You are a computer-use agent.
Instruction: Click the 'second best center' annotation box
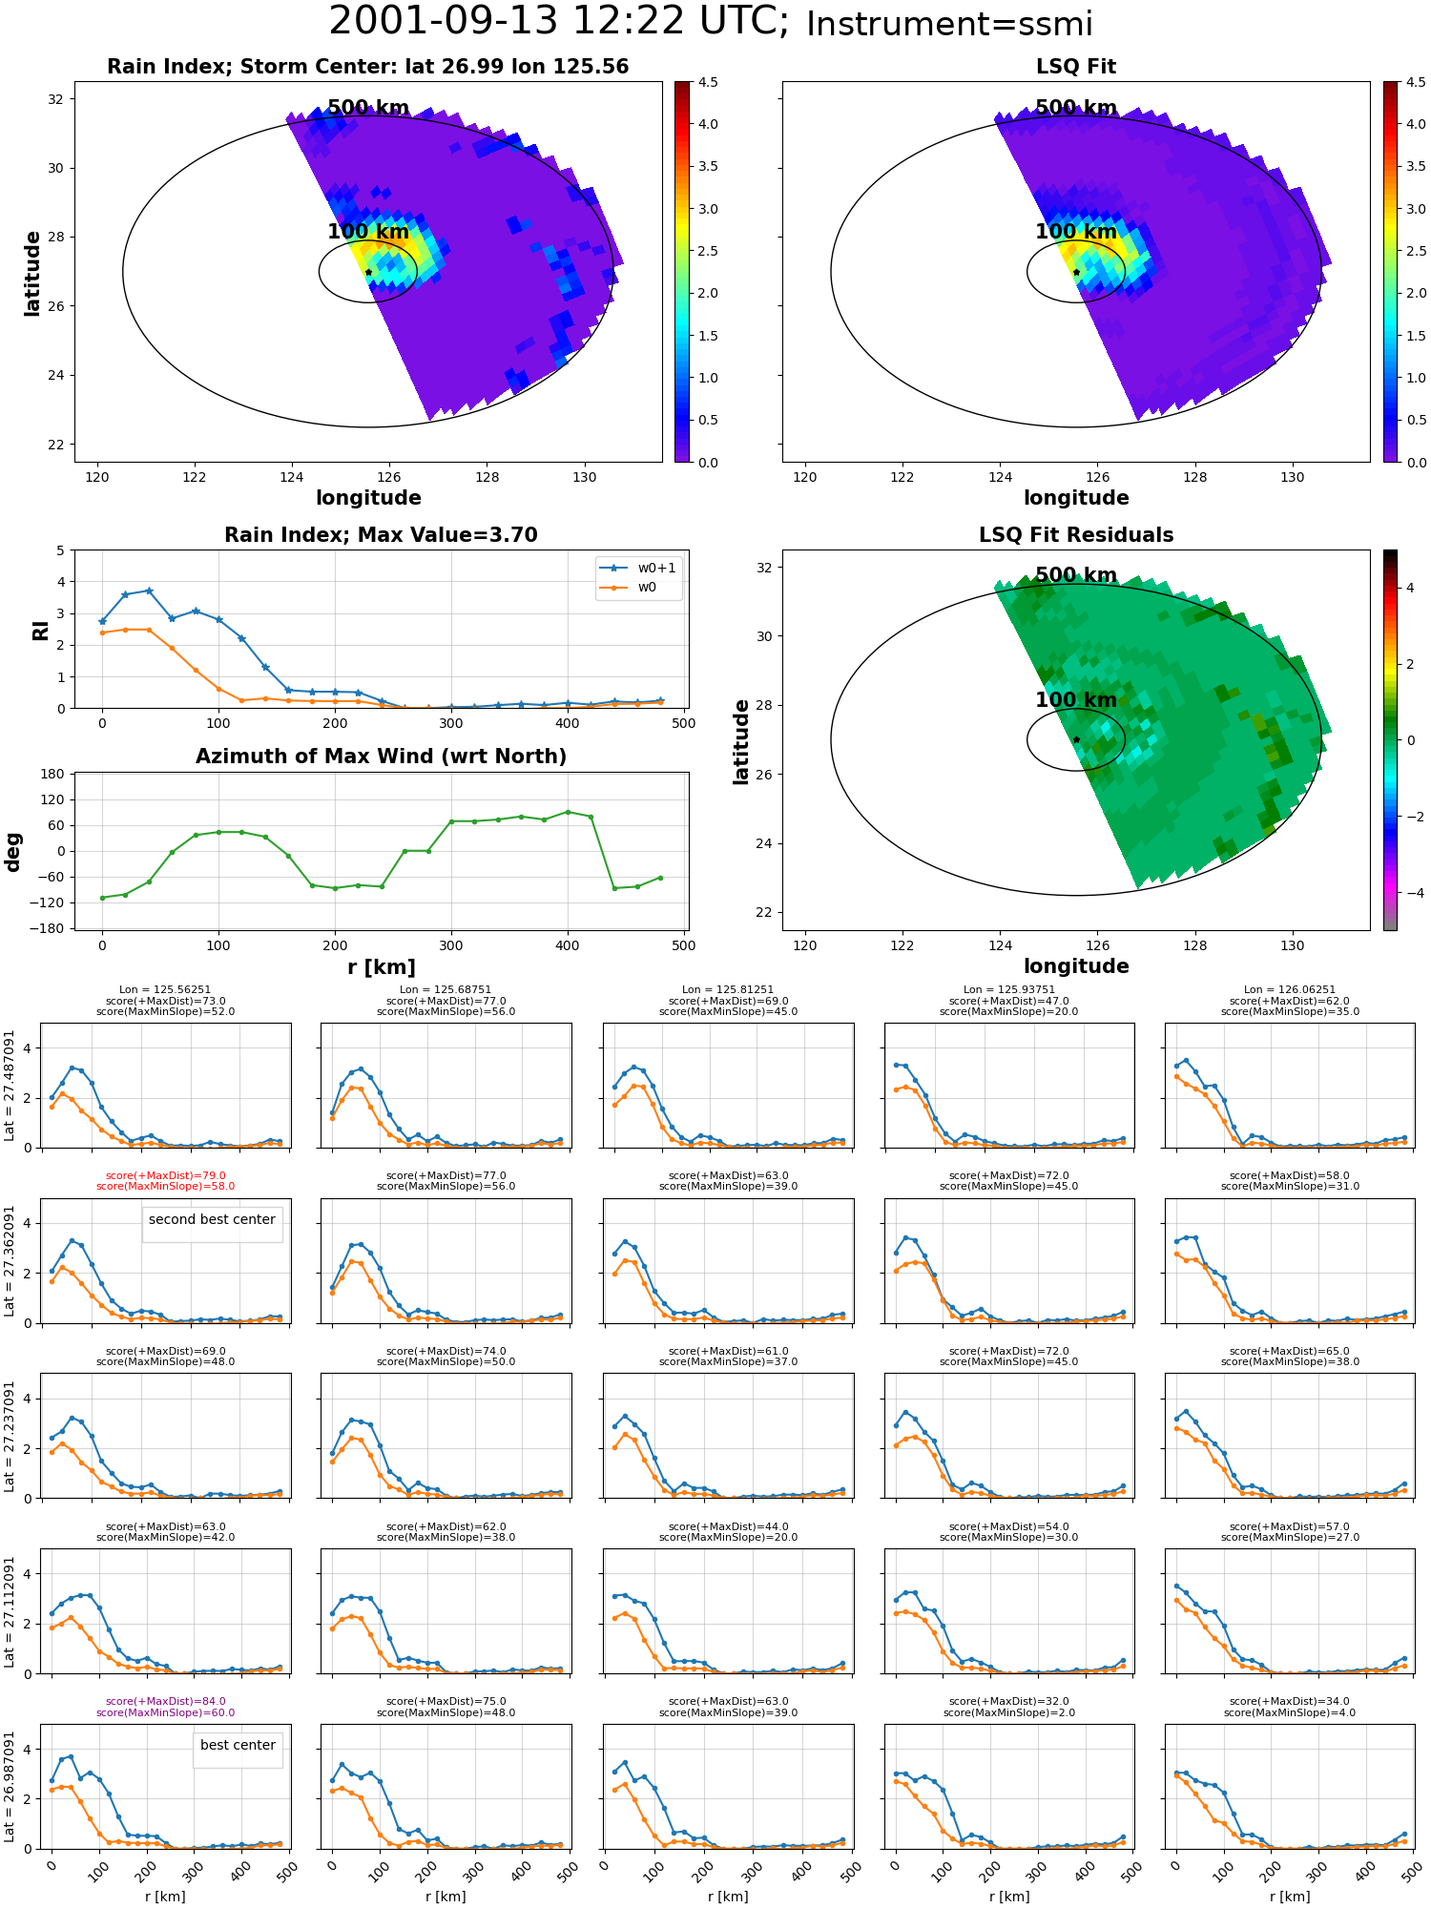click(212, 1224)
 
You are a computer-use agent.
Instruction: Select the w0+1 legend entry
click(638, 568)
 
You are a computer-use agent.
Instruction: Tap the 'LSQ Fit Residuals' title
click(1076, 535)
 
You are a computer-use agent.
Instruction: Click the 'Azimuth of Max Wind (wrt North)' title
click(381, 757)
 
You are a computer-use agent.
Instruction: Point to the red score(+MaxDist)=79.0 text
click(166, 1176)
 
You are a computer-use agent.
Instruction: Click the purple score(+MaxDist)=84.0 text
click(166, 1701)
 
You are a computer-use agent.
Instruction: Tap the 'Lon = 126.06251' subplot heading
click(1290, 990)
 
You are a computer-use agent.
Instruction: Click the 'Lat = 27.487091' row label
click(10, 1086)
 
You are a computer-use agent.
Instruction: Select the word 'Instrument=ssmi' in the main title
click(949, 24)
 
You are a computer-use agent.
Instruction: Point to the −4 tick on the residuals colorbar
click(1410, 893)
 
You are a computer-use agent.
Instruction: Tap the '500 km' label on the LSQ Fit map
click(1076, 108)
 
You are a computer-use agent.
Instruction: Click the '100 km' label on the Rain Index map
click(368, 232)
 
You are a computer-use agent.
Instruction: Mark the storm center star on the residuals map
click(1076, 739)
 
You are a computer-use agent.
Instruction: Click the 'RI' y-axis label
click(41, 630)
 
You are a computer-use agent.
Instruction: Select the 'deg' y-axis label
click(13, 851)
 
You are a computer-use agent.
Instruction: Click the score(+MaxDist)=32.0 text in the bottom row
click(1009, 1701)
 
